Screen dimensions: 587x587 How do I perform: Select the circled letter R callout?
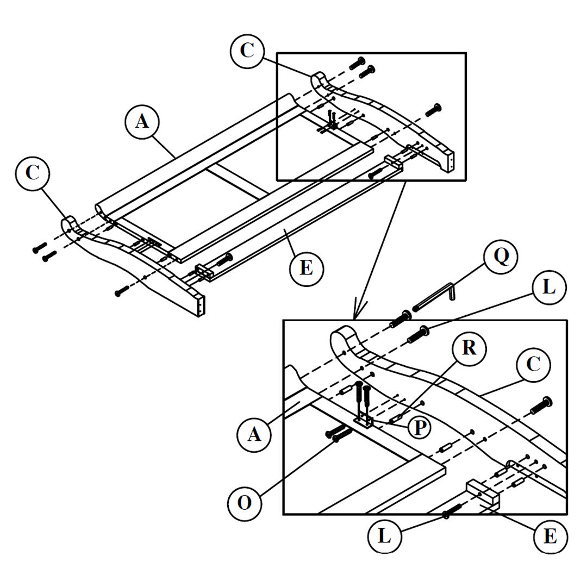(x=469, y=348)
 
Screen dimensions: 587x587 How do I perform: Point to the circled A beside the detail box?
(x=254, y=435)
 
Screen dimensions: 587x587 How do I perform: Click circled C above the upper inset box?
(x=247, y=50)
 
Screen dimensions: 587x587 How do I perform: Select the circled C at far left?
(x=33, y=173)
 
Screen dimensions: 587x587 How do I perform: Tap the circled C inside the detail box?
(x=534, y=365)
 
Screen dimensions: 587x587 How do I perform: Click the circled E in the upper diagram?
(x=306, y=268)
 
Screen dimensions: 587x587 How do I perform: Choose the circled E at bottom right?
(x=550, y=537)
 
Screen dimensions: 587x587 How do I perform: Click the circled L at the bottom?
(x=385, y=537)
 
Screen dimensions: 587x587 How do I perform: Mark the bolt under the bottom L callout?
(x=452, y=511)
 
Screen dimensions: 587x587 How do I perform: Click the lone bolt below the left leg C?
(x=123, y=291)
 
